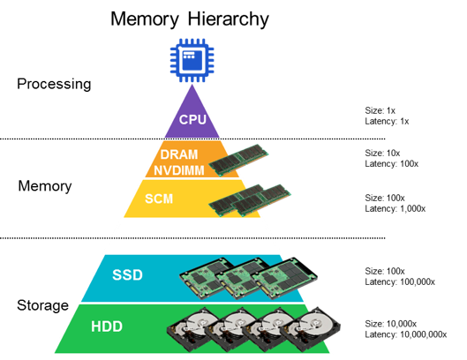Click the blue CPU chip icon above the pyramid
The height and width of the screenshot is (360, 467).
coord(192,59)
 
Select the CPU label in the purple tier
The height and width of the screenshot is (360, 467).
coord(192,120)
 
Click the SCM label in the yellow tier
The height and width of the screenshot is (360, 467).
coord(159,199)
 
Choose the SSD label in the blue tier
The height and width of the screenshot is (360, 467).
coord(127,274)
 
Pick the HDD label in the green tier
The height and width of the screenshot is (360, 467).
coord(108,327)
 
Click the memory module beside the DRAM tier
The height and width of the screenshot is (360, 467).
coord(238,160)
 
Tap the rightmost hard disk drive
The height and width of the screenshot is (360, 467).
coord(313,327)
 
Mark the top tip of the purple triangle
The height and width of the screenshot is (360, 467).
coord(192,84)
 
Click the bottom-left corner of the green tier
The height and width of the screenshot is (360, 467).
coord(54,353)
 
